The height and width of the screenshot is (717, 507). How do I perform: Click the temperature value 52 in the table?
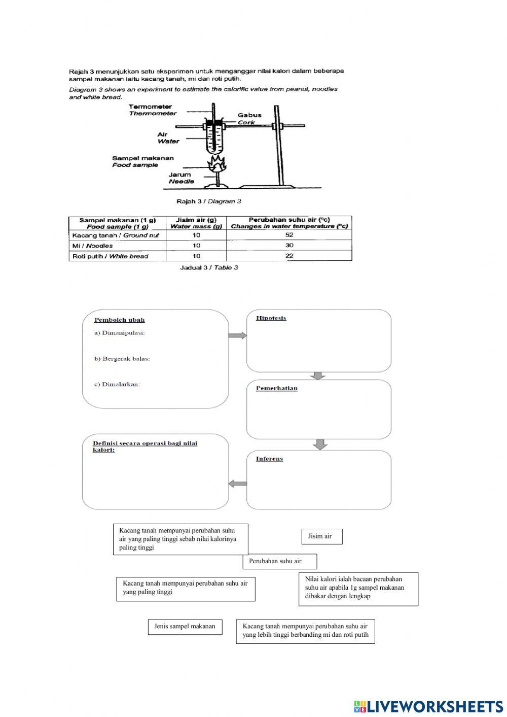[289, 235]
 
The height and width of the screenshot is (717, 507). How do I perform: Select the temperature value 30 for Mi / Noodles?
[289, 246]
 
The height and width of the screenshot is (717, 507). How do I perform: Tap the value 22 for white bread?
[289, 256]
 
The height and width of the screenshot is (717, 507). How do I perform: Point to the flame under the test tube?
[217, 164]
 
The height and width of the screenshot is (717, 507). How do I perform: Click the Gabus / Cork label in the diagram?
[249, 119]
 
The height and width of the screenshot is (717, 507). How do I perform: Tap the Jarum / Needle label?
[181, 178]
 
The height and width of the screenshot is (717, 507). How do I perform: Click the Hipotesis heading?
[271, 318]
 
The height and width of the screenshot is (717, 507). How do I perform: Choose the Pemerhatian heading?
[277, 389]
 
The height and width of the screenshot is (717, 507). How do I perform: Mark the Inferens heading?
[269, 459]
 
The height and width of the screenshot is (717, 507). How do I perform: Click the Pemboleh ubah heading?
[119, 320]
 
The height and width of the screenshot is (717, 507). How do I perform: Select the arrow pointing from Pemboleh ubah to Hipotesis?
[237, 335]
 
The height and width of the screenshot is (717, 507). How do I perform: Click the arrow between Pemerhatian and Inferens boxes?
[319, 444]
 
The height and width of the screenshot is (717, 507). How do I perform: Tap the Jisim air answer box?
[322, 536]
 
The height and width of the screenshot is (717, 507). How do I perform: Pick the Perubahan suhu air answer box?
[279, 561]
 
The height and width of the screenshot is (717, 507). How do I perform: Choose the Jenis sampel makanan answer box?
[185, 627]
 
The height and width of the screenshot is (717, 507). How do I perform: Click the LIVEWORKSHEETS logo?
[428, 706]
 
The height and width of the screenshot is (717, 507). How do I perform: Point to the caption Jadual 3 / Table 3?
[209, 267]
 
